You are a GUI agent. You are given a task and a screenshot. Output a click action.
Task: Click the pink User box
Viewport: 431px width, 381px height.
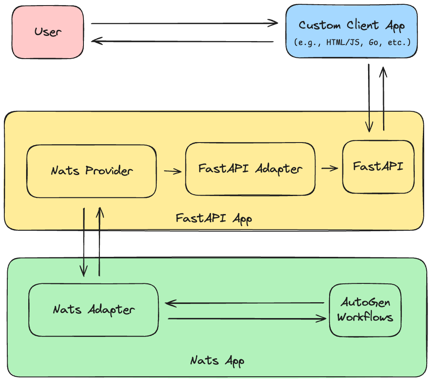[48, 32]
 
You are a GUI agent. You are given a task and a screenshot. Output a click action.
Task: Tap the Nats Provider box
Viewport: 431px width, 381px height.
[92, 171]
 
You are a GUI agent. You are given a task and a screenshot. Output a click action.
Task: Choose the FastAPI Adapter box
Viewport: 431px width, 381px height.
[250, 169]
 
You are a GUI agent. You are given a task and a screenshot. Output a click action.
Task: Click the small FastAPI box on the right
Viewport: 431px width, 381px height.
[378, 167]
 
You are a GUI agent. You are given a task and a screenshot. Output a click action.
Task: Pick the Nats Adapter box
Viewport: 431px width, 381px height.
[93, 310]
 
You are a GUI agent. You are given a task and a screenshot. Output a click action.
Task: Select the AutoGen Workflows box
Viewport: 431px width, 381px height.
[365, 310]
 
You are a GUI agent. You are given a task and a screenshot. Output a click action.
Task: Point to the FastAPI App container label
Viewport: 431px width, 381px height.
[214, 218]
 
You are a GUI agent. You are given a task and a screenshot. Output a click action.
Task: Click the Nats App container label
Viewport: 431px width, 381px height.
[217, 360]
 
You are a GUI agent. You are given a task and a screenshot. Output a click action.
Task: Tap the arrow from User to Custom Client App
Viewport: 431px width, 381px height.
[184, 23]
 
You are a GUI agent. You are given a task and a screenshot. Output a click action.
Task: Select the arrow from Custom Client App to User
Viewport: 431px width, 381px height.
[182, 42]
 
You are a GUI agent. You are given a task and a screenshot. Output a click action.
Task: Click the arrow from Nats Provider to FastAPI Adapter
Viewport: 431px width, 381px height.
[172, 171]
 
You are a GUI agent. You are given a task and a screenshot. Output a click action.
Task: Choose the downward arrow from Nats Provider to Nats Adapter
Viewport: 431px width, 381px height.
[84, 242]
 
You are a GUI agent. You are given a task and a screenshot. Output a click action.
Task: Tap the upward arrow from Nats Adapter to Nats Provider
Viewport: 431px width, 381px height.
[99, 242]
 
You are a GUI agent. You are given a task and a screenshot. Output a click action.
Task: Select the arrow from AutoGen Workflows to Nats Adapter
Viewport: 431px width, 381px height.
[244, 303]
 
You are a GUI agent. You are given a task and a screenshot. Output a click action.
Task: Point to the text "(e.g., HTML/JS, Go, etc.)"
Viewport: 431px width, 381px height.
[351, 43]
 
